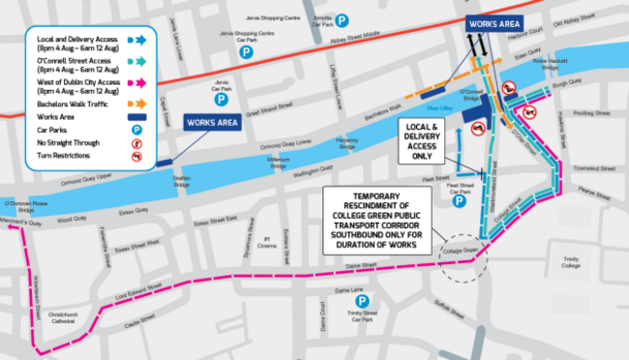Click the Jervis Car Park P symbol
(221, 99)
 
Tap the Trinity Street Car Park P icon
(362, 301)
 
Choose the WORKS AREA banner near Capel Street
(212, 123)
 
